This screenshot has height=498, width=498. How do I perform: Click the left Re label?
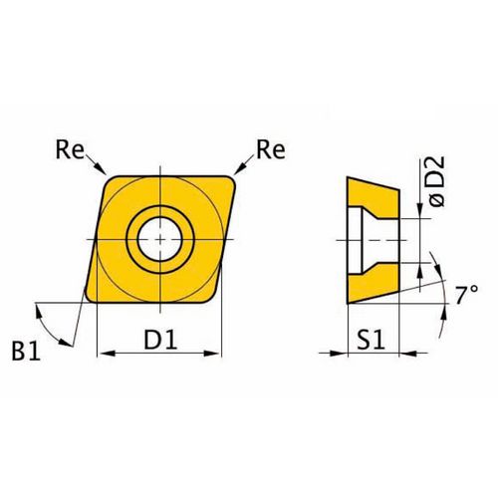(70, 149)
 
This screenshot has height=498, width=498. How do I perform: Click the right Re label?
(271, 149)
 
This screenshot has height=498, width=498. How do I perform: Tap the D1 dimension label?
(160, 340)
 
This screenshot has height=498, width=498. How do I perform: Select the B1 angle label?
(26, 351)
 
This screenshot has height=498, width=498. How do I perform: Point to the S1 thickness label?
(372, 340)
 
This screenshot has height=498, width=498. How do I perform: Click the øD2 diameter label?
(437, 181)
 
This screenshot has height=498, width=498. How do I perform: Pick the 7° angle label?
(466, 295)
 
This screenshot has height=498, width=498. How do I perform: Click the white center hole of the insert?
(160, 239)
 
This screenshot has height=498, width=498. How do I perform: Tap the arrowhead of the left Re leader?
(102, 169)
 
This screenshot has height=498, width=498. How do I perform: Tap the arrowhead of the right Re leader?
(239, 169)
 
